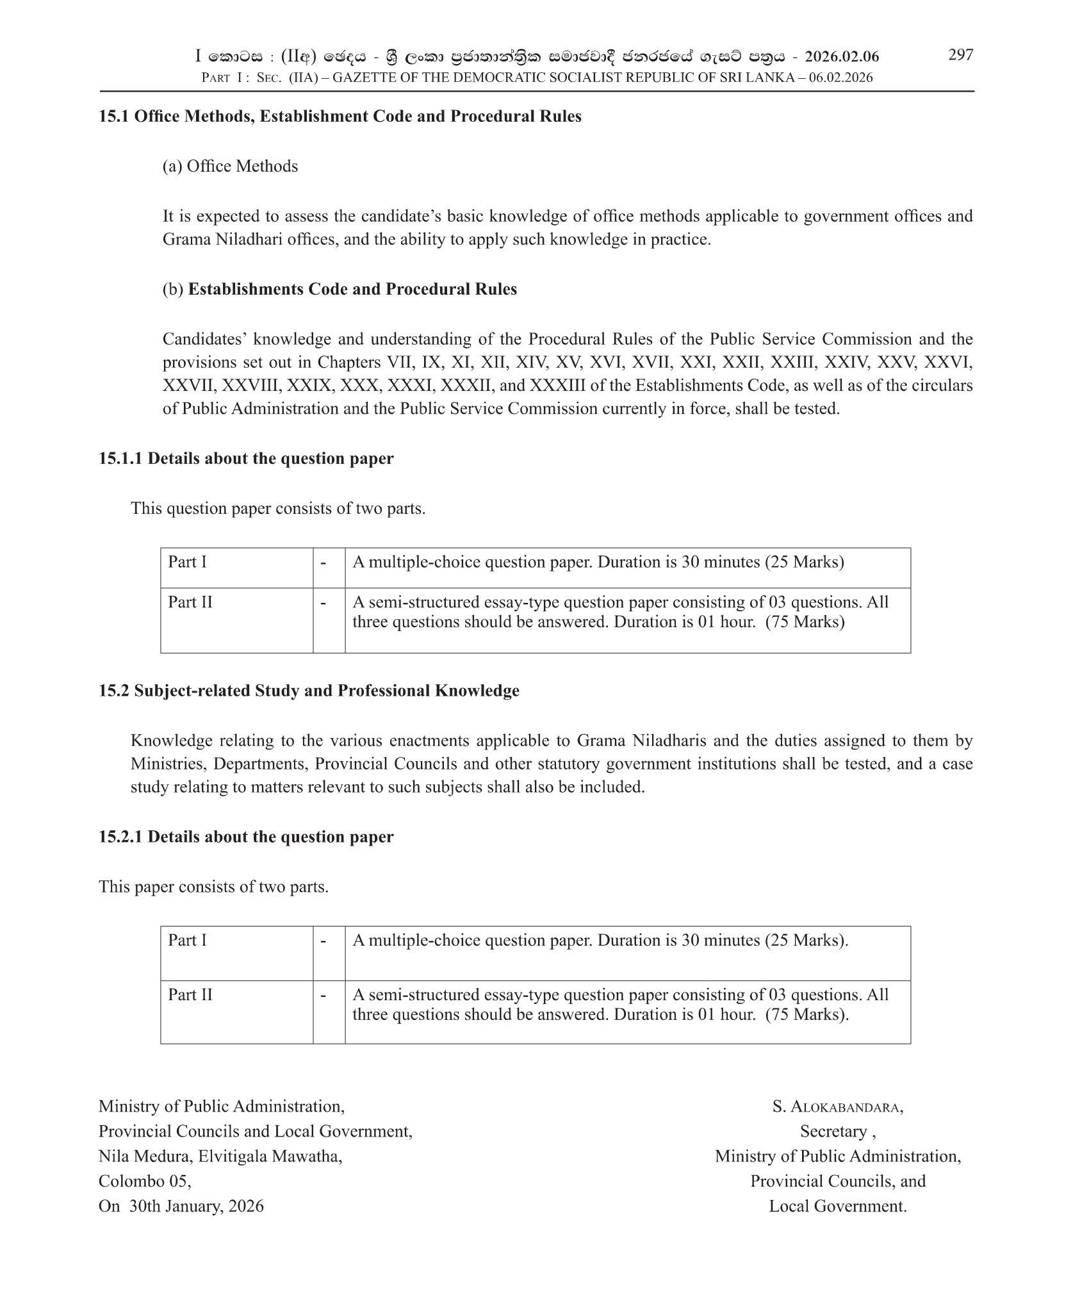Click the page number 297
960,55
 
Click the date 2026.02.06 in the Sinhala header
842,57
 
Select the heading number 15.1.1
121,459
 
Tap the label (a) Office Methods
230,167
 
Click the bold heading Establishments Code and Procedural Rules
352,290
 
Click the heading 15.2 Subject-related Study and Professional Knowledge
309,691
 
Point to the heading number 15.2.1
121,837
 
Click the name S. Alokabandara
837,1107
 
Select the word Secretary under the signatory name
833,1132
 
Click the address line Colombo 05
145,1181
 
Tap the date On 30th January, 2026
181,1206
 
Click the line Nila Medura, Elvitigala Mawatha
220,1156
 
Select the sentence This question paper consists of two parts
278,509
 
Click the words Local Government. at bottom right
837,1206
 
